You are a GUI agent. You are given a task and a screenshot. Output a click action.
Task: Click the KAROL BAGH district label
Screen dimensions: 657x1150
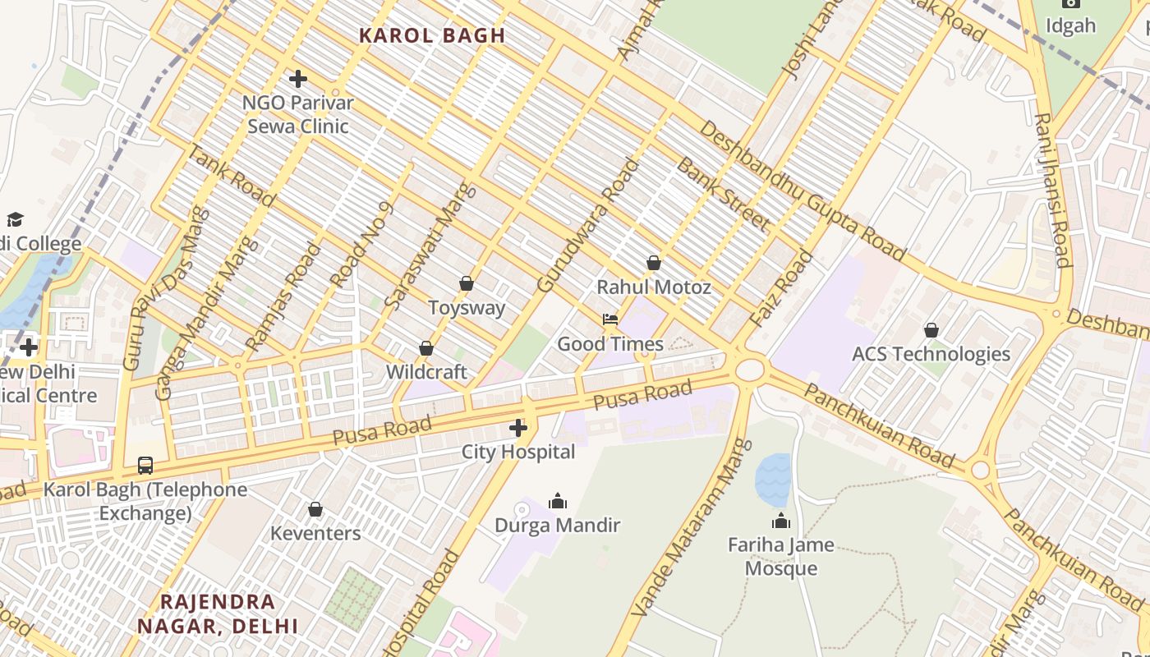point(432,35)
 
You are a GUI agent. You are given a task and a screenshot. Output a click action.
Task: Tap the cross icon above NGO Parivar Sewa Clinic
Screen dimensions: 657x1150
point(298,79)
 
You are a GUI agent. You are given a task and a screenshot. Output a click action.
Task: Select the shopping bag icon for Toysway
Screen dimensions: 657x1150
point(467,283)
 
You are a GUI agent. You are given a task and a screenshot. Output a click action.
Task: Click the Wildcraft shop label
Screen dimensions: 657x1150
point(426,372)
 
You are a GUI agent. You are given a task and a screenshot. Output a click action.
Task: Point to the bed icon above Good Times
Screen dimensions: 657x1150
point(609,319)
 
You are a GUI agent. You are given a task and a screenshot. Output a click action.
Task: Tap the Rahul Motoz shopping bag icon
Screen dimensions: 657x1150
point(654,263)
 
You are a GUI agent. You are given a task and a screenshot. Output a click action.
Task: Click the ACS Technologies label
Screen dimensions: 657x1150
point(931,354)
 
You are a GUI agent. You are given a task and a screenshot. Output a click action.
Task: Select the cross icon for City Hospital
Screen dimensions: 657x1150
point(518,428)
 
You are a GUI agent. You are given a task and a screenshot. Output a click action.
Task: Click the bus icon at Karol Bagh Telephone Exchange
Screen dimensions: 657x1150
point(145,466)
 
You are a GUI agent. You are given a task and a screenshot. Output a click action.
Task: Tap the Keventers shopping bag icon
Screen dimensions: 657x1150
point(315,510)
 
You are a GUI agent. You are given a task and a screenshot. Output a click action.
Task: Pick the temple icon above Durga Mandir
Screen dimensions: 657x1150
point(558,501)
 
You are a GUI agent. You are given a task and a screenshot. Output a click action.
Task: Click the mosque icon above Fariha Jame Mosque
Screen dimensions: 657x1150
point(780,521)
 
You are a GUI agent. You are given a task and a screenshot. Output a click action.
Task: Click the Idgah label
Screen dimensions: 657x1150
point(1070,25)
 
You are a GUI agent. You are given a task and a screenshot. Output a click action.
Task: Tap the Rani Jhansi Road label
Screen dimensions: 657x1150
point(1053,191)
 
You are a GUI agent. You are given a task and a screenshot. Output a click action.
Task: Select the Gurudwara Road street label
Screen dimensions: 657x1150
point(588,225)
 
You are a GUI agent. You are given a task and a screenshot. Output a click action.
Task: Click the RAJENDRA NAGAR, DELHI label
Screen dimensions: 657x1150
point(218,613)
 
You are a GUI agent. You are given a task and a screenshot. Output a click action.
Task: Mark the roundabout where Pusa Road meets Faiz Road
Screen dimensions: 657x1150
point(749,369)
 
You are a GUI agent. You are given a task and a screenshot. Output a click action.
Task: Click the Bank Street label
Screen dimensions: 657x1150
point(722,194)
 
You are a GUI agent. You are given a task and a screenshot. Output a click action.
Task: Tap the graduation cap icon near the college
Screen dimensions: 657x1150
point(15,219)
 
